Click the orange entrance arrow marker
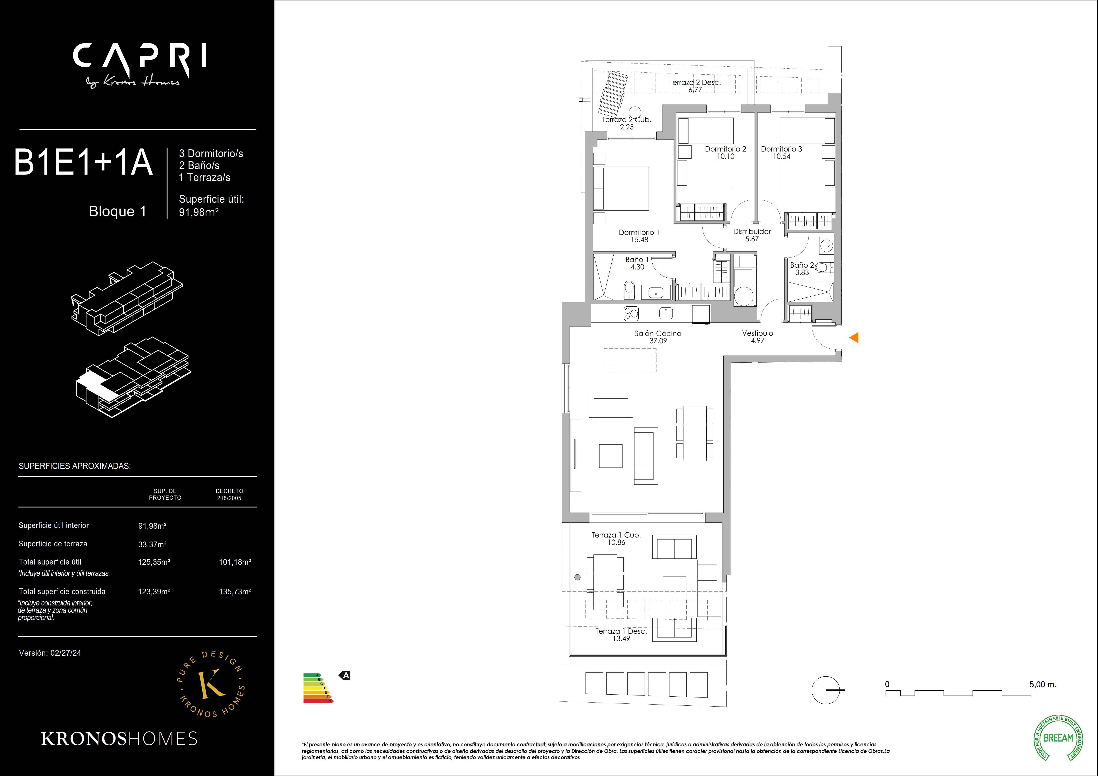(854, 338)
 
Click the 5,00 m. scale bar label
(1042, 685)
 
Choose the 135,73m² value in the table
(235, 592)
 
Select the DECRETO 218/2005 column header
(229, 494)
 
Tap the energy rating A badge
(345, 676)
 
